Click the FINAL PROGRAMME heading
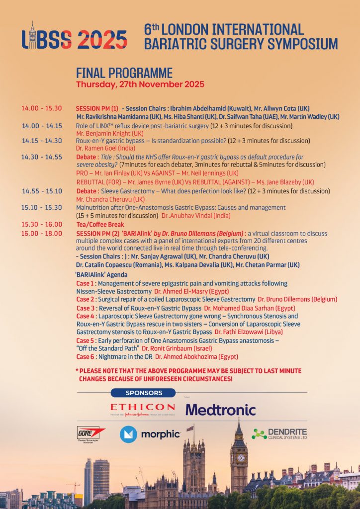124,73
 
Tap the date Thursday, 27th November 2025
140,85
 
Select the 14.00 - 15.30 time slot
42,108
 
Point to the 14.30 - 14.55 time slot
41,157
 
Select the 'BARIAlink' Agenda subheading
101,275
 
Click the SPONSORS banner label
144,393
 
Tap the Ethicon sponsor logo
142,409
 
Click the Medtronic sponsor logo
221,410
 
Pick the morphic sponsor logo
150,434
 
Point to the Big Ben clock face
239,457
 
